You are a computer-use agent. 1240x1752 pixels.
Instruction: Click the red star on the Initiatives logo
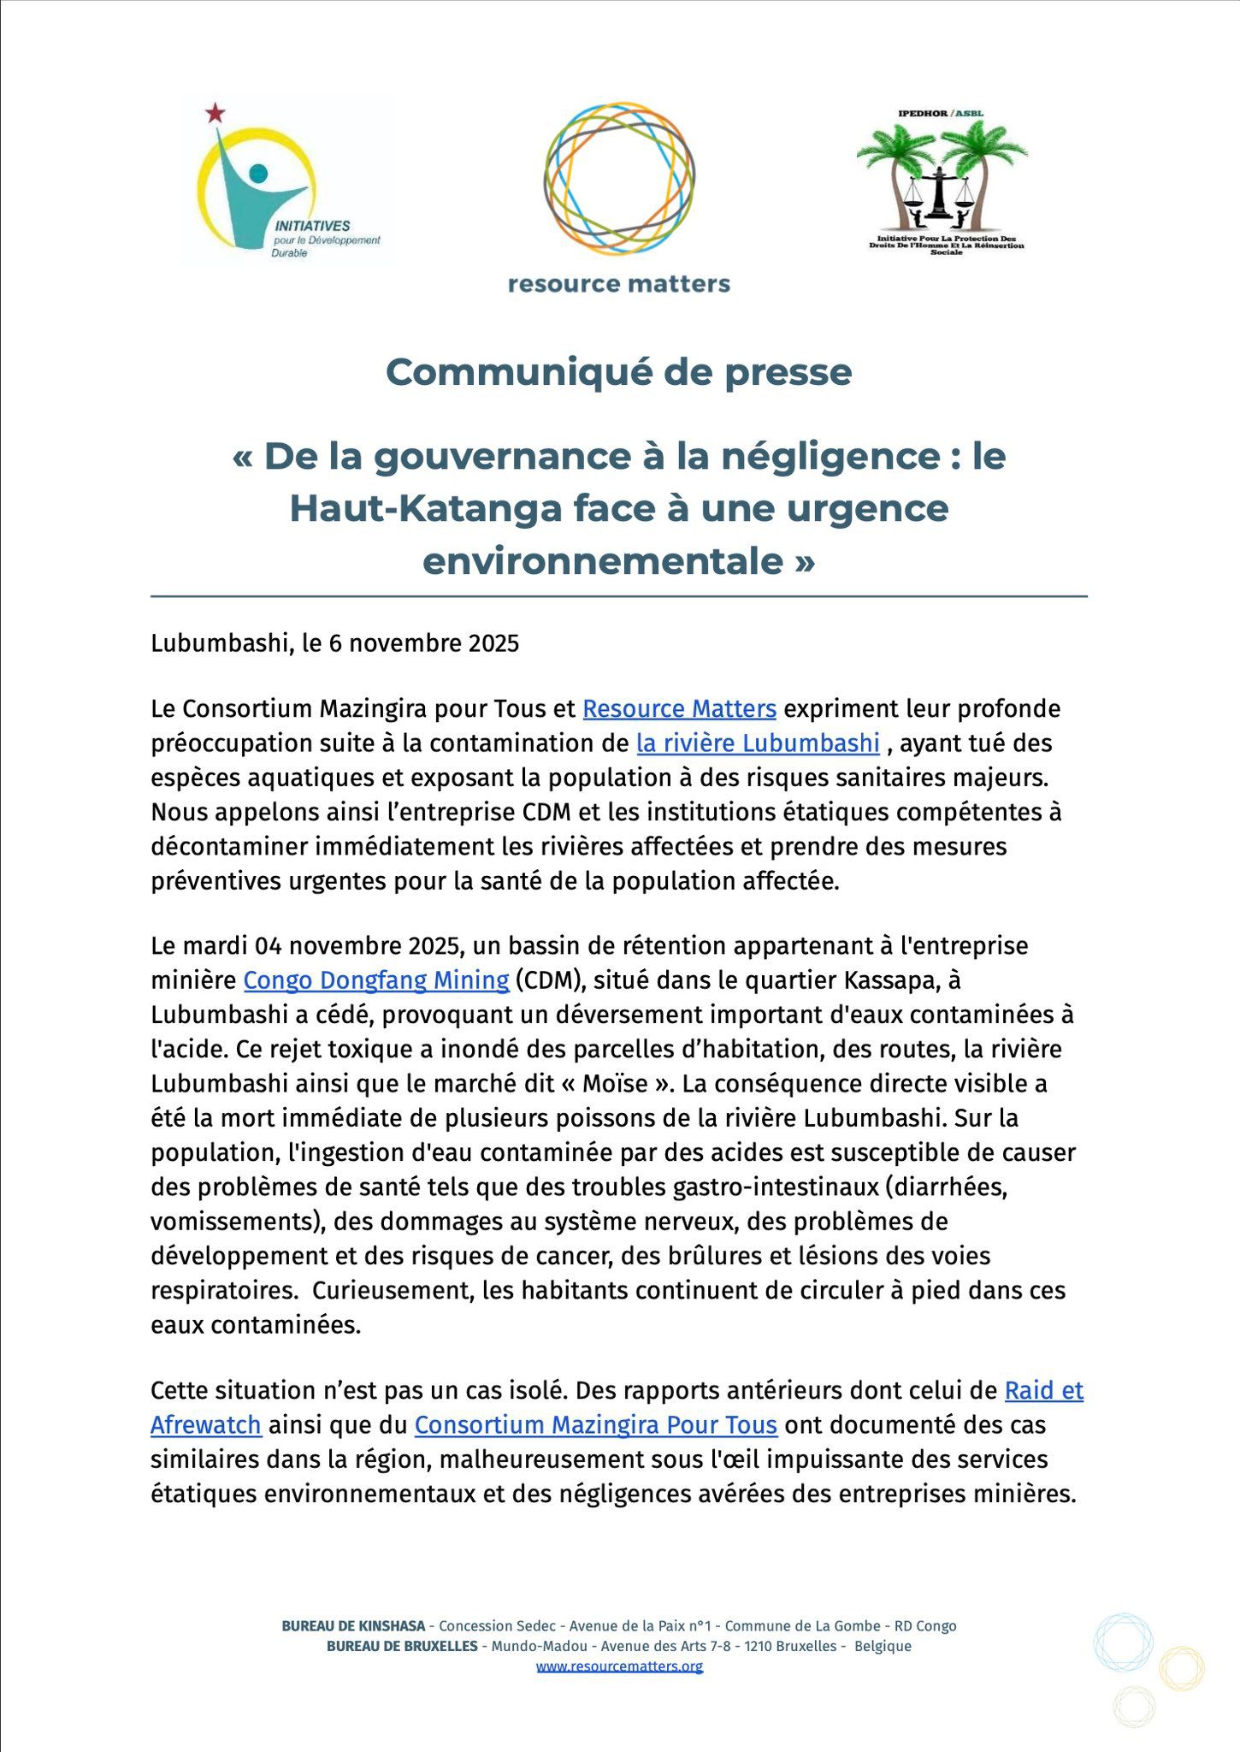point(216,112)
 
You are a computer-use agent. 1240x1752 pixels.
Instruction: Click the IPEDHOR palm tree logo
point(942,175)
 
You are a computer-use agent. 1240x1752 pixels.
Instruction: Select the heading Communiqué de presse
point(619,372)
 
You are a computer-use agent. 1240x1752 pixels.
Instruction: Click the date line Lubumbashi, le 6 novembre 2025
point(335,643)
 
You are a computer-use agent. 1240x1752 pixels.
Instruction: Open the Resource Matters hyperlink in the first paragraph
point(679,709)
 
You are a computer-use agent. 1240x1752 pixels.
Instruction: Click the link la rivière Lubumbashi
point(758,743)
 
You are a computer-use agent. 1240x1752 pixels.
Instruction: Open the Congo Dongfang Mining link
point(376,980)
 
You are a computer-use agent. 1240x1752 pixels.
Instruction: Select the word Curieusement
point(393,1290)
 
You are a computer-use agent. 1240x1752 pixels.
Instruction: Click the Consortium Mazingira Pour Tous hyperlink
point(595,1426)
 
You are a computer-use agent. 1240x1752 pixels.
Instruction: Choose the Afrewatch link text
point(206,1426)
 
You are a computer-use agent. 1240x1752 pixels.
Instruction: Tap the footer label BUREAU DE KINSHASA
point(353,1626)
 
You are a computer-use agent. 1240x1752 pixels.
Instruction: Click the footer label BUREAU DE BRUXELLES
point(402,1646)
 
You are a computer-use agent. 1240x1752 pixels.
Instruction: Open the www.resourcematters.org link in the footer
point(619,1666)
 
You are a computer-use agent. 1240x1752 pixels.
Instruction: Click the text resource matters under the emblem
point(619,284)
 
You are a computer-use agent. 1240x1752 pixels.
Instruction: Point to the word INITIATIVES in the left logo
point(312,226)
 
